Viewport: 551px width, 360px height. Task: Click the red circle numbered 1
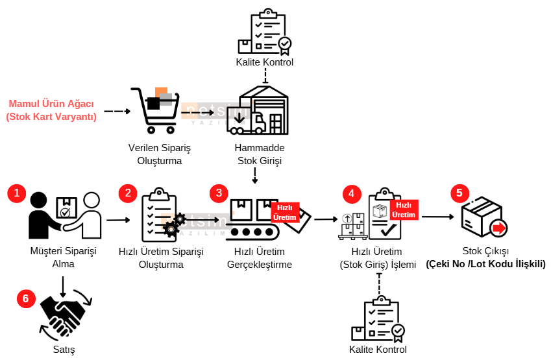[x=16, y=193]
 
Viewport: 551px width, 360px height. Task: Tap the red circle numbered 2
[x=128, y=193]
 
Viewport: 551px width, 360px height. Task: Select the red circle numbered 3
[x=219, y=193]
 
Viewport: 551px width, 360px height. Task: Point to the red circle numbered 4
[x=351, y=194]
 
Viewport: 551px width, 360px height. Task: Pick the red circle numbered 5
[x=459, y=193]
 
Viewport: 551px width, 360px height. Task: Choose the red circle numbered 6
[x=26, y=299]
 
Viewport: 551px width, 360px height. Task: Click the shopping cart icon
[x=155, y=110]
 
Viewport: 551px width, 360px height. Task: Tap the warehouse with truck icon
[x=258, y=110]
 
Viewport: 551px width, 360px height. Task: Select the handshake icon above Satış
[x=66, y=315]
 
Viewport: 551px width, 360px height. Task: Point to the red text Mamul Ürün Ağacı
[x=51, y=104]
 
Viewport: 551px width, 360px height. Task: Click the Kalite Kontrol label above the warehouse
[x=265, y=62]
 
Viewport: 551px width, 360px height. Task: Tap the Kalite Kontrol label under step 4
[x=378, y=350]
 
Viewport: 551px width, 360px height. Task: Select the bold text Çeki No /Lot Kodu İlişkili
[x=486, y=264]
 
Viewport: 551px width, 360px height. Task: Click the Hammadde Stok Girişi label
[x=260, y=154]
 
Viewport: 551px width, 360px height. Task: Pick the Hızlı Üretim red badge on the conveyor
[x=285, y=213]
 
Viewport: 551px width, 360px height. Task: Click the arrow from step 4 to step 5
[x=438, y=217]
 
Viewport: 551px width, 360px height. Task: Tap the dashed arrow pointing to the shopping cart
[x=117, y=112]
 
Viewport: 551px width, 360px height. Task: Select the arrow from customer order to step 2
[x=118, y=220]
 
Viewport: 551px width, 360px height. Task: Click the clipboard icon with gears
[x=162, y=215]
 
